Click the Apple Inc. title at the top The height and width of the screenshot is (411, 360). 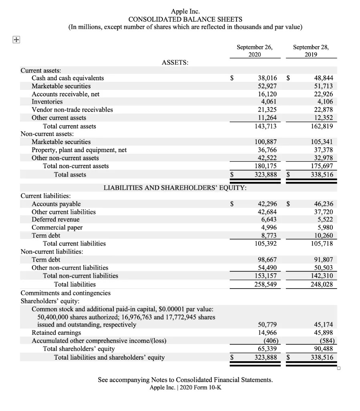[x=185, y=11]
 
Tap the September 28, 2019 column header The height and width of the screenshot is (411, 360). [x=311, y=51]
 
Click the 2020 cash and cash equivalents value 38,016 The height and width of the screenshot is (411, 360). [x=266, y=78]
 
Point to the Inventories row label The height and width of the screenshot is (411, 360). [x=47, y=102]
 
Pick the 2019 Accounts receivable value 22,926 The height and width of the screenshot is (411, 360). [x=322, y=94]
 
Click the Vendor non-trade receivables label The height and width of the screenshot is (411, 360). [x=72, y=110]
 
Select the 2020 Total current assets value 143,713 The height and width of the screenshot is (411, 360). [x=264, y=126]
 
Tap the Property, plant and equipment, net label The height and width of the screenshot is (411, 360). [x=79, y=150]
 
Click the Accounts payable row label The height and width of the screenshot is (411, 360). [x=56, y=204]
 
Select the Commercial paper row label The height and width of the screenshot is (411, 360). [x=57, y=228]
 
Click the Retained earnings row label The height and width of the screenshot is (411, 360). [x=56, y=333]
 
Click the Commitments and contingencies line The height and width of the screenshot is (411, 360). [x=65, y=293]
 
